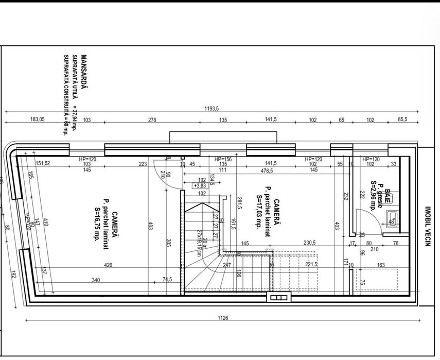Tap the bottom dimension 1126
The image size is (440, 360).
pos(222,318)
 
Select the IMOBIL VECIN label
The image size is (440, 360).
pos(427,227)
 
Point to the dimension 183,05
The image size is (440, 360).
pos(37,119)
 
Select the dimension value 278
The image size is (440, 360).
pos(152,119)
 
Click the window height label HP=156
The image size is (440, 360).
pos(223,159)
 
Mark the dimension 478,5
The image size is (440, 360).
pos(266,170)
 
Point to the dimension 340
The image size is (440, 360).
pos(96,280)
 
